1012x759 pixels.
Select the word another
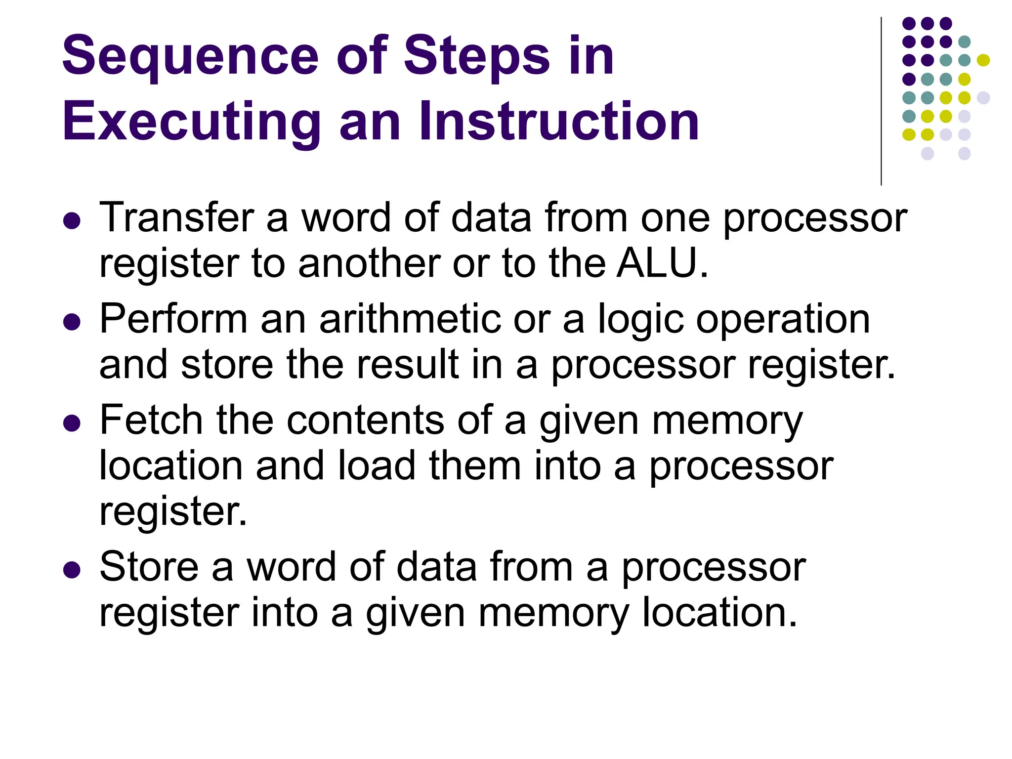point(368,263)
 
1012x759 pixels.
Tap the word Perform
point(173,320)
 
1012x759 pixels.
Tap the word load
point(376,465)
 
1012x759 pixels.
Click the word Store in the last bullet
point(149,567)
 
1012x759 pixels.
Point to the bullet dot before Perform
point(72,322)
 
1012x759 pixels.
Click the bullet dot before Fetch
point(72,423)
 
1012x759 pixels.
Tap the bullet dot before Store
point(72,569)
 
